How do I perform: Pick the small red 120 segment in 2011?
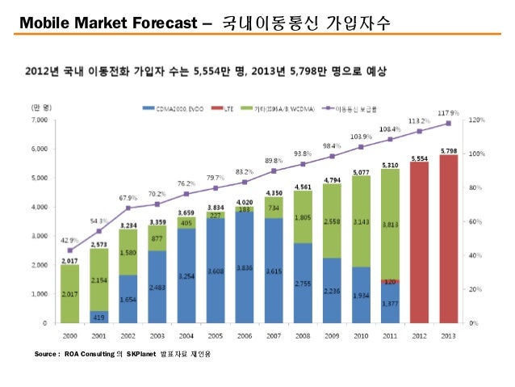pos(390,281)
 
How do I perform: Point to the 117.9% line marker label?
pos(450,112)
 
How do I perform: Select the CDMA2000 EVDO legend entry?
pos(170,107)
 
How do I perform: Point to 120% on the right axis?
pos(478,120)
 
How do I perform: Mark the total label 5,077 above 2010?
pos(362,171)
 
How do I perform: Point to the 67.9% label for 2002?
pos(128,197)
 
